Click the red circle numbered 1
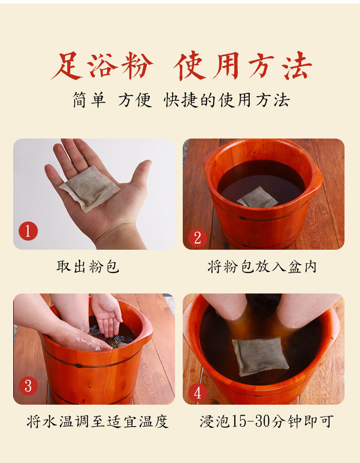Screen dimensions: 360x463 click(x=28, y=231)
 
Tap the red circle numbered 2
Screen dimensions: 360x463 click(x=198, y=238)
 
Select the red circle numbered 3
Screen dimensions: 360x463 click(x=28, y=386)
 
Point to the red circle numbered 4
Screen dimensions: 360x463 click(x=198, y=392)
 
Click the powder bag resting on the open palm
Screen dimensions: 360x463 click(x=90, y=188)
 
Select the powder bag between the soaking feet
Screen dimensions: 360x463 click(x=259, y=356)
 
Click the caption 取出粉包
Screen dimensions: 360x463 click(x=87, y=267)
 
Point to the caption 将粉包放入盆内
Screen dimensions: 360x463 click(x=262, y=267)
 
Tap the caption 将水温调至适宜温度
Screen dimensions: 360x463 click(x=98, y=422)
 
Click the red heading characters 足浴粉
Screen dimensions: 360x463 click(x=102, y=66)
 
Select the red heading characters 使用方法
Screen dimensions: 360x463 click(x=243, y=66)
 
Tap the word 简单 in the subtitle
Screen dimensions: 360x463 click(x=89, y=100)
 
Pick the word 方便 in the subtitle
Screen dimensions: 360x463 click(x=135, y=100)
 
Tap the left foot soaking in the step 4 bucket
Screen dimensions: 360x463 click(x=225, y=307)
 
